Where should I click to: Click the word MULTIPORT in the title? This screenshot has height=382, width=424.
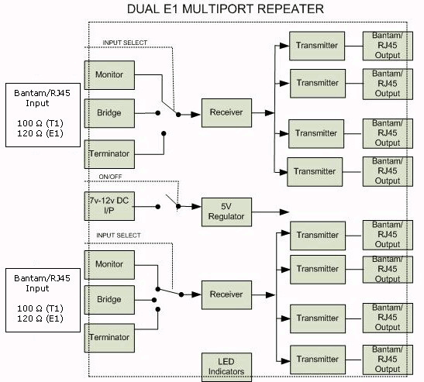[x=218, y=9]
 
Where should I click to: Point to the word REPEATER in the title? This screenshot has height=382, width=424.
[x=290, y=9]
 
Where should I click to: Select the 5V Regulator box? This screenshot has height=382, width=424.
[x=226, y=212]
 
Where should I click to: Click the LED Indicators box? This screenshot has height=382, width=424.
[x=226, y=367]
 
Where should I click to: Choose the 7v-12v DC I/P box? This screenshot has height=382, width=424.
[x=109, y=206]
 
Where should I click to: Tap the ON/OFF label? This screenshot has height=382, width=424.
[x=110, y=177]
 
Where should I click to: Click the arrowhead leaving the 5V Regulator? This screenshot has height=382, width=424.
[x=284, y=212]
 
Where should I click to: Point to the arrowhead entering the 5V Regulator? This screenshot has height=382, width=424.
[x=197, y=207]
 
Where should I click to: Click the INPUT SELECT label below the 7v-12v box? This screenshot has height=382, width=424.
[x=119, y=236]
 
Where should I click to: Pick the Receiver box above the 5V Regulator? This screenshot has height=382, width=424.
[x=226, y=112]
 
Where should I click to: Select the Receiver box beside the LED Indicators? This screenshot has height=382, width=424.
[x=226, y=295]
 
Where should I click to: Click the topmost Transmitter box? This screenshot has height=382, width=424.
[x=317, y=46]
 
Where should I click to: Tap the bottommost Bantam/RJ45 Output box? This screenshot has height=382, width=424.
[x=388, y=360]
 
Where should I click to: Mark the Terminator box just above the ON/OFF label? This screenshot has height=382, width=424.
[x=109, y=154]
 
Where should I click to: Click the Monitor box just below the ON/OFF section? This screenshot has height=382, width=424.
[x=109, y=265]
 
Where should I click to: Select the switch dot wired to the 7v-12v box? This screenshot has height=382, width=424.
[x=158, y=207]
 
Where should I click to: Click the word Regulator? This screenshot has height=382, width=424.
[x=226, y=216]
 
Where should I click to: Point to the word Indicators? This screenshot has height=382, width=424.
[x=226, y=371]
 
